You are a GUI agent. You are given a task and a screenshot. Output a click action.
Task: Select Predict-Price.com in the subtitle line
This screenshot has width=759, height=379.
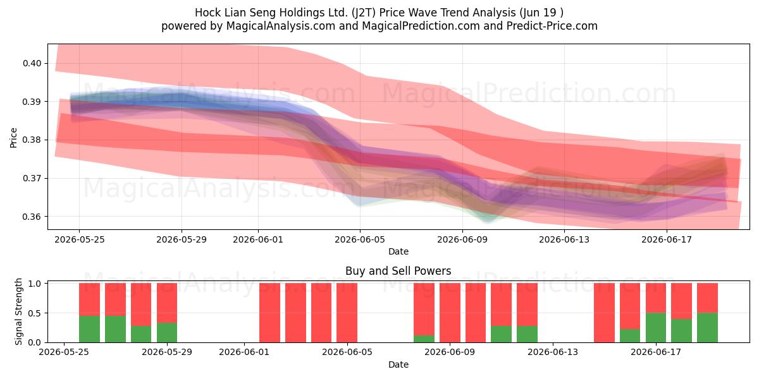coord(552,26)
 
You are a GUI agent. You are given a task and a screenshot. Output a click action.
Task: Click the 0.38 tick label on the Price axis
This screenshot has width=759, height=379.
coord(32,140)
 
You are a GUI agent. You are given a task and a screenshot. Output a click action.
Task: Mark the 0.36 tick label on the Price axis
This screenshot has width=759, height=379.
coord(32,217)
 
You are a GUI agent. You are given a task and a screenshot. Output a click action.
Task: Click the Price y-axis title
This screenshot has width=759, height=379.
coord(13,138)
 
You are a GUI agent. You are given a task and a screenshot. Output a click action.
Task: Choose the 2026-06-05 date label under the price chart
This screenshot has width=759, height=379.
coord(360,239)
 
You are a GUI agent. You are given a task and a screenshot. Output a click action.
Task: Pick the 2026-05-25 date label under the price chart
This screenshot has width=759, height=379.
coord(80,239)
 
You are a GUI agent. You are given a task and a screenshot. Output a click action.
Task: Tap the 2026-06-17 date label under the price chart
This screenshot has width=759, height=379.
coord(667,239)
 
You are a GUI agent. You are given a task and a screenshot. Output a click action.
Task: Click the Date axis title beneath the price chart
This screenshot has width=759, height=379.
coord(398,251)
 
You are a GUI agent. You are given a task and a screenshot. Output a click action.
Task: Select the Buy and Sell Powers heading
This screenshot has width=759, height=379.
coord(398,271)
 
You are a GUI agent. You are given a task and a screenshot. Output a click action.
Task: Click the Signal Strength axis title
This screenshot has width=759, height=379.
coord(18,311)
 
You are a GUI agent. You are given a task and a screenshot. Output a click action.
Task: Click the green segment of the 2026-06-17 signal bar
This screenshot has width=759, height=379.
coord(656,328)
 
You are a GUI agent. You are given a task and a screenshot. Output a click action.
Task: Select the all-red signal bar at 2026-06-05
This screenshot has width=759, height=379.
coord(347,313)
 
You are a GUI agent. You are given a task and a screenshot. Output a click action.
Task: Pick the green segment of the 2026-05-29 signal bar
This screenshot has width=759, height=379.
coord(167,333)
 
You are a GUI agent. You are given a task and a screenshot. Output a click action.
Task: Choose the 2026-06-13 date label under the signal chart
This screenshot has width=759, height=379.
coord(553,352)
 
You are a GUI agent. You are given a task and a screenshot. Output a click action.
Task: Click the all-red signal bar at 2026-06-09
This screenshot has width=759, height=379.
coord(450,313)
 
